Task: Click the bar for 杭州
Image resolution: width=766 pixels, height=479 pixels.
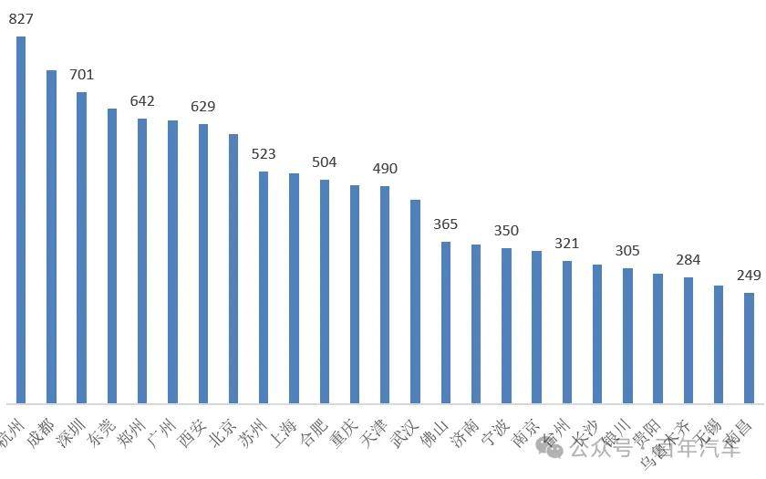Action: click(x=21, y=219)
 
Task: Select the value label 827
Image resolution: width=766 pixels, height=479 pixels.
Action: click(x=21, y=17)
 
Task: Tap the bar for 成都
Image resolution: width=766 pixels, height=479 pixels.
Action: click(x=51, y=236)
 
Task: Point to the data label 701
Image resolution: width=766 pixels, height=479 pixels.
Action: click(x=81, y=75)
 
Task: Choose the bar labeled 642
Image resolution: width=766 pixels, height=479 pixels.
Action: click(x=142, y=260)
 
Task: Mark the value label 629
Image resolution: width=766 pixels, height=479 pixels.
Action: click(x=202, y=107)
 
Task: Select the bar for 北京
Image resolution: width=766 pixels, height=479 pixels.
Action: click(x=233, y=268)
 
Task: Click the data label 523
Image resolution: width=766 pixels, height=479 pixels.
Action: click(x=264, y=154)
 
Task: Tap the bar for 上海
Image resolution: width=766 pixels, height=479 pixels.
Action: click(x=294, y=287)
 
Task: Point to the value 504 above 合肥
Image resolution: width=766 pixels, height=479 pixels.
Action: click(x=324, y=162)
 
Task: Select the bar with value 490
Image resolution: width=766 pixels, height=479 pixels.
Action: click(x=385, y=294)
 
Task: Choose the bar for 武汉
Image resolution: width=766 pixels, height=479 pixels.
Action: click(x=415, y=301)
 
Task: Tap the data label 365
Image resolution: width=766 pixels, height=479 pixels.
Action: click(x=445, y=224)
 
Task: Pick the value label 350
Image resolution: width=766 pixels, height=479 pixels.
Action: click(x=506, y=231)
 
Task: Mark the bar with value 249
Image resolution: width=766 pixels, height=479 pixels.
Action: click(x=749, y=348)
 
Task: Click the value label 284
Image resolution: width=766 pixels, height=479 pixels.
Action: click(x=688, y=260)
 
